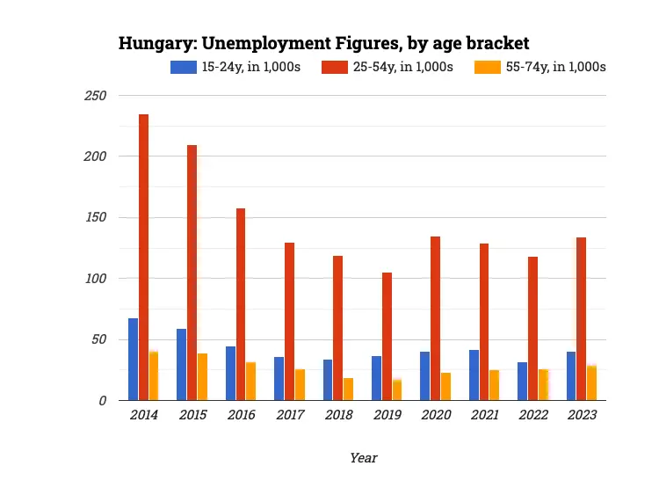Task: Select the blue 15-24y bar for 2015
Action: [182, 365]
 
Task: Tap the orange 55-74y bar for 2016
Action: [250, 382]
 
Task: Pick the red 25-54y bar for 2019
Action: [387, 337]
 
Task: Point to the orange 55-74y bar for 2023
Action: [591, 383]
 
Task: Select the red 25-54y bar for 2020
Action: [435, 318]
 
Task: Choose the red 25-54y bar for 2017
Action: [289, 322]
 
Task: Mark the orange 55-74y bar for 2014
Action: [154, 376]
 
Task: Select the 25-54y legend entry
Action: [391, 67]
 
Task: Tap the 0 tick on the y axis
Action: [103, 401]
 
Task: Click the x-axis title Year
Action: [363, 458]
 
